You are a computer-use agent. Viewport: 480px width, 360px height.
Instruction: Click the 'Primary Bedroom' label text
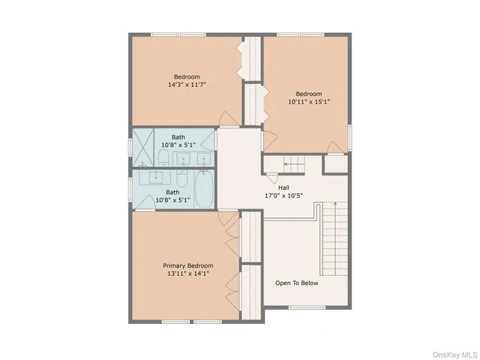coord(188,265)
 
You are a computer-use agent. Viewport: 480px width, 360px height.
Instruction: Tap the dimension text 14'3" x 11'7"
coord(187,85)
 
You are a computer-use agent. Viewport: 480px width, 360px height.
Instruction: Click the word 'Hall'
coord(283,188)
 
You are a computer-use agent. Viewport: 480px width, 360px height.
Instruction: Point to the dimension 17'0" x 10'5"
coord(283,196)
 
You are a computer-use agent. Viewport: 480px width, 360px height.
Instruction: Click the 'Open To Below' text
coord(297,283)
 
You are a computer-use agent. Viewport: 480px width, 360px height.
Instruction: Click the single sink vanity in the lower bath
coord(157,178)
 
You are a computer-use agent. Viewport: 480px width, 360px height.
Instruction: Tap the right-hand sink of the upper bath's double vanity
coord(202,158)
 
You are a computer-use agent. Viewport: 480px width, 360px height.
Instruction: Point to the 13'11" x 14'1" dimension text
coord(188,274)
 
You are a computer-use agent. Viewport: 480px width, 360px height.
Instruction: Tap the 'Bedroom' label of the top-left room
coord(187,76)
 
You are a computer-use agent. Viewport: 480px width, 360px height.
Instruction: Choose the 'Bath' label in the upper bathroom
coord(178,136)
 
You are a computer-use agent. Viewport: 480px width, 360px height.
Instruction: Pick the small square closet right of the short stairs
coord(334,163)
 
